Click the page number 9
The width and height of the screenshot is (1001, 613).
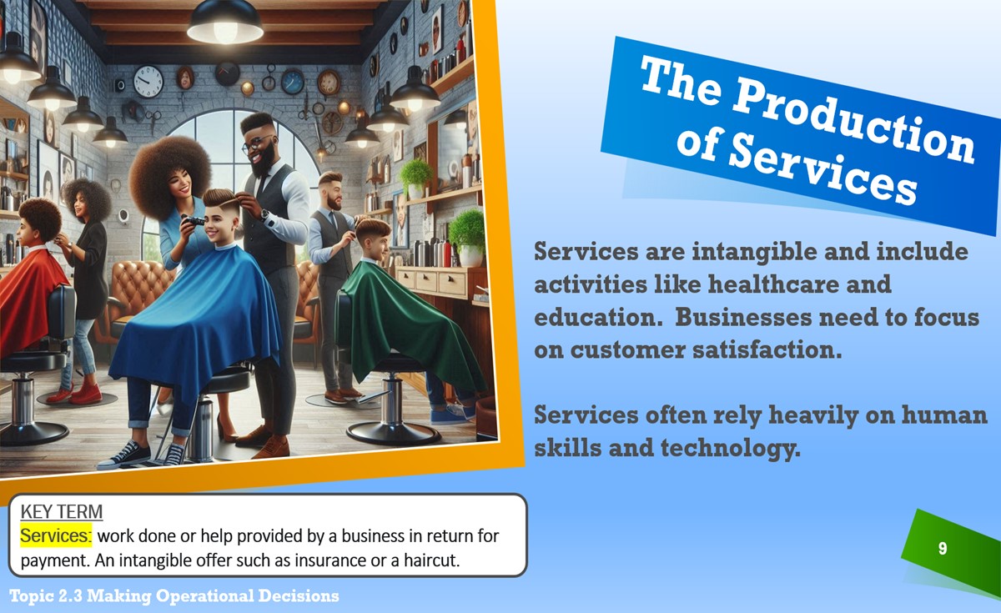click(943, 548)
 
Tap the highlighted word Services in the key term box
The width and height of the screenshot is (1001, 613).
click(56, 535)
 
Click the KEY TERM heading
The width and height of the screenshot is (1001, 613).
click(62, 511)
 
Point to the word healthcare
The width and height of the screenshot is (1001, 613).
click(773, 284)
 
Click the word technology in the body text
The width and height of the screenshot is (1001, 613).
click(731, 448)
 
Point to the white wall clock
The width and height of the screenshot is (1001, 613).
click(148, 82)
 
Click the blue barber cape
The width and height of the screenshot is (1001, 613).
click(197, 313)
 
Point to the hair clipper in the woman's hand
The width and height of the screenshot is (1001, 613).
click(193, 220)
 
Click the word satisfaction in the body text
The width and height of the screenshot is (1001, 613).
click(767, 349)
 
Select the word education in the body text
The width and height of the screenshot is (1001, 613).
click(598, 317)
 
